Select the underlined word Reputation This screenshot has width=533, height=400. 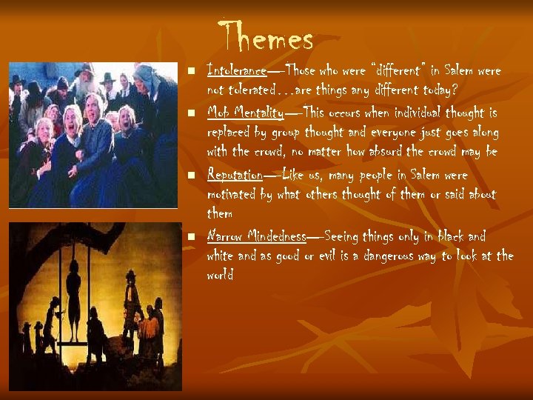(235, 176)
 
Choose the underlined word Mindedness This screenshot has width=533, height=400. (278, 237)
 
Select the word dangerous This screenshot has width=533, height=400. (398, 256)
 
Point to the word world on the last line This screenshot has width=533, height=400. (221, 275)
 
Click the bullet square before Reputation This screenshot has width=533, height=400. (191, 176)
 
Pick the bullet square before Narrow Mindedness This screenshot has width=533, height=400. (191, 238)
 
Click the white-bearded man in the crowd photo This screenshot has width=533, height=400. (87, 74)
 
